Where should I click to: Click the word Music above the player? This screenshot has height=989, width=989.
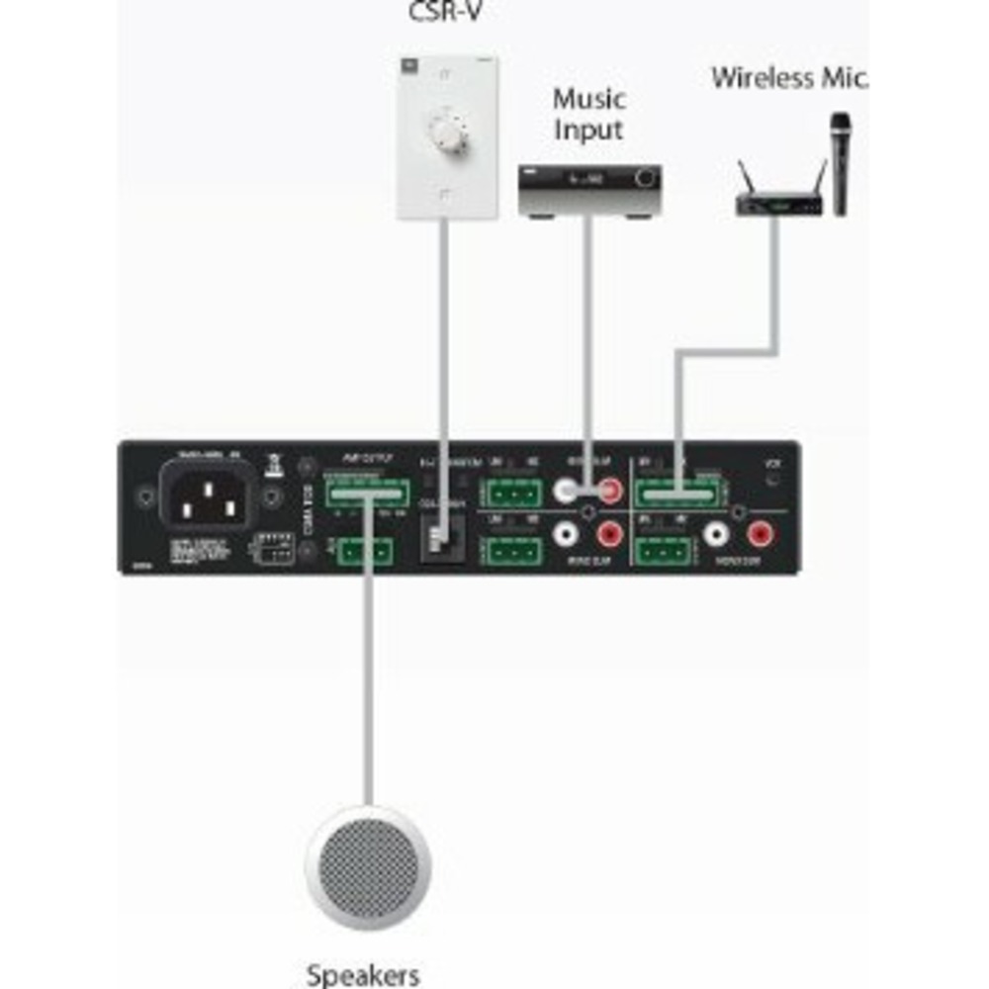tap(588, 99)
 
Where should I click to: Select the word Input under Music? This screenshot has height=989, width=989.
tap(588, 130)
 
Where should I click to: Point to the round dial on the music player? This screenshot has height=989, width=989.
tap(647, 178)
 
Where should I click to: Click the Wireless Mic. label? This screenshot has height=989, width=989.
tap(788, 77)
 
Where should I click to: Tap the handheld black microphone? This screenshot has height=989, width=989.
tap(841, 163)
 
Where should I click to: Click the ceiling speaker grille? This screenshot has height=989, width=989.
tap(368, 867)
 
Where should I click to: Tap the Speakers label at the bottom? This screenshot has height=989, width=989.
tap(363, 975)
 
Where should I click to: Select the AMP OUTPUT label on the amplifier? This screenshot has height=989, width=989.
tap(367, 459)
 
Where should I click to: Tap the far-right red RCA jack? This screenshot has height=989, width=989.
tap(761, 536)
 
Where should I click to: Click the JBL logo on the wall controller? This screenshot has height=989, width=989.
tap(407, 64)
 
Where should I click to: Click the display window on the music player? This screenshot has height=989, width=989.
tap(584, 179)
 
